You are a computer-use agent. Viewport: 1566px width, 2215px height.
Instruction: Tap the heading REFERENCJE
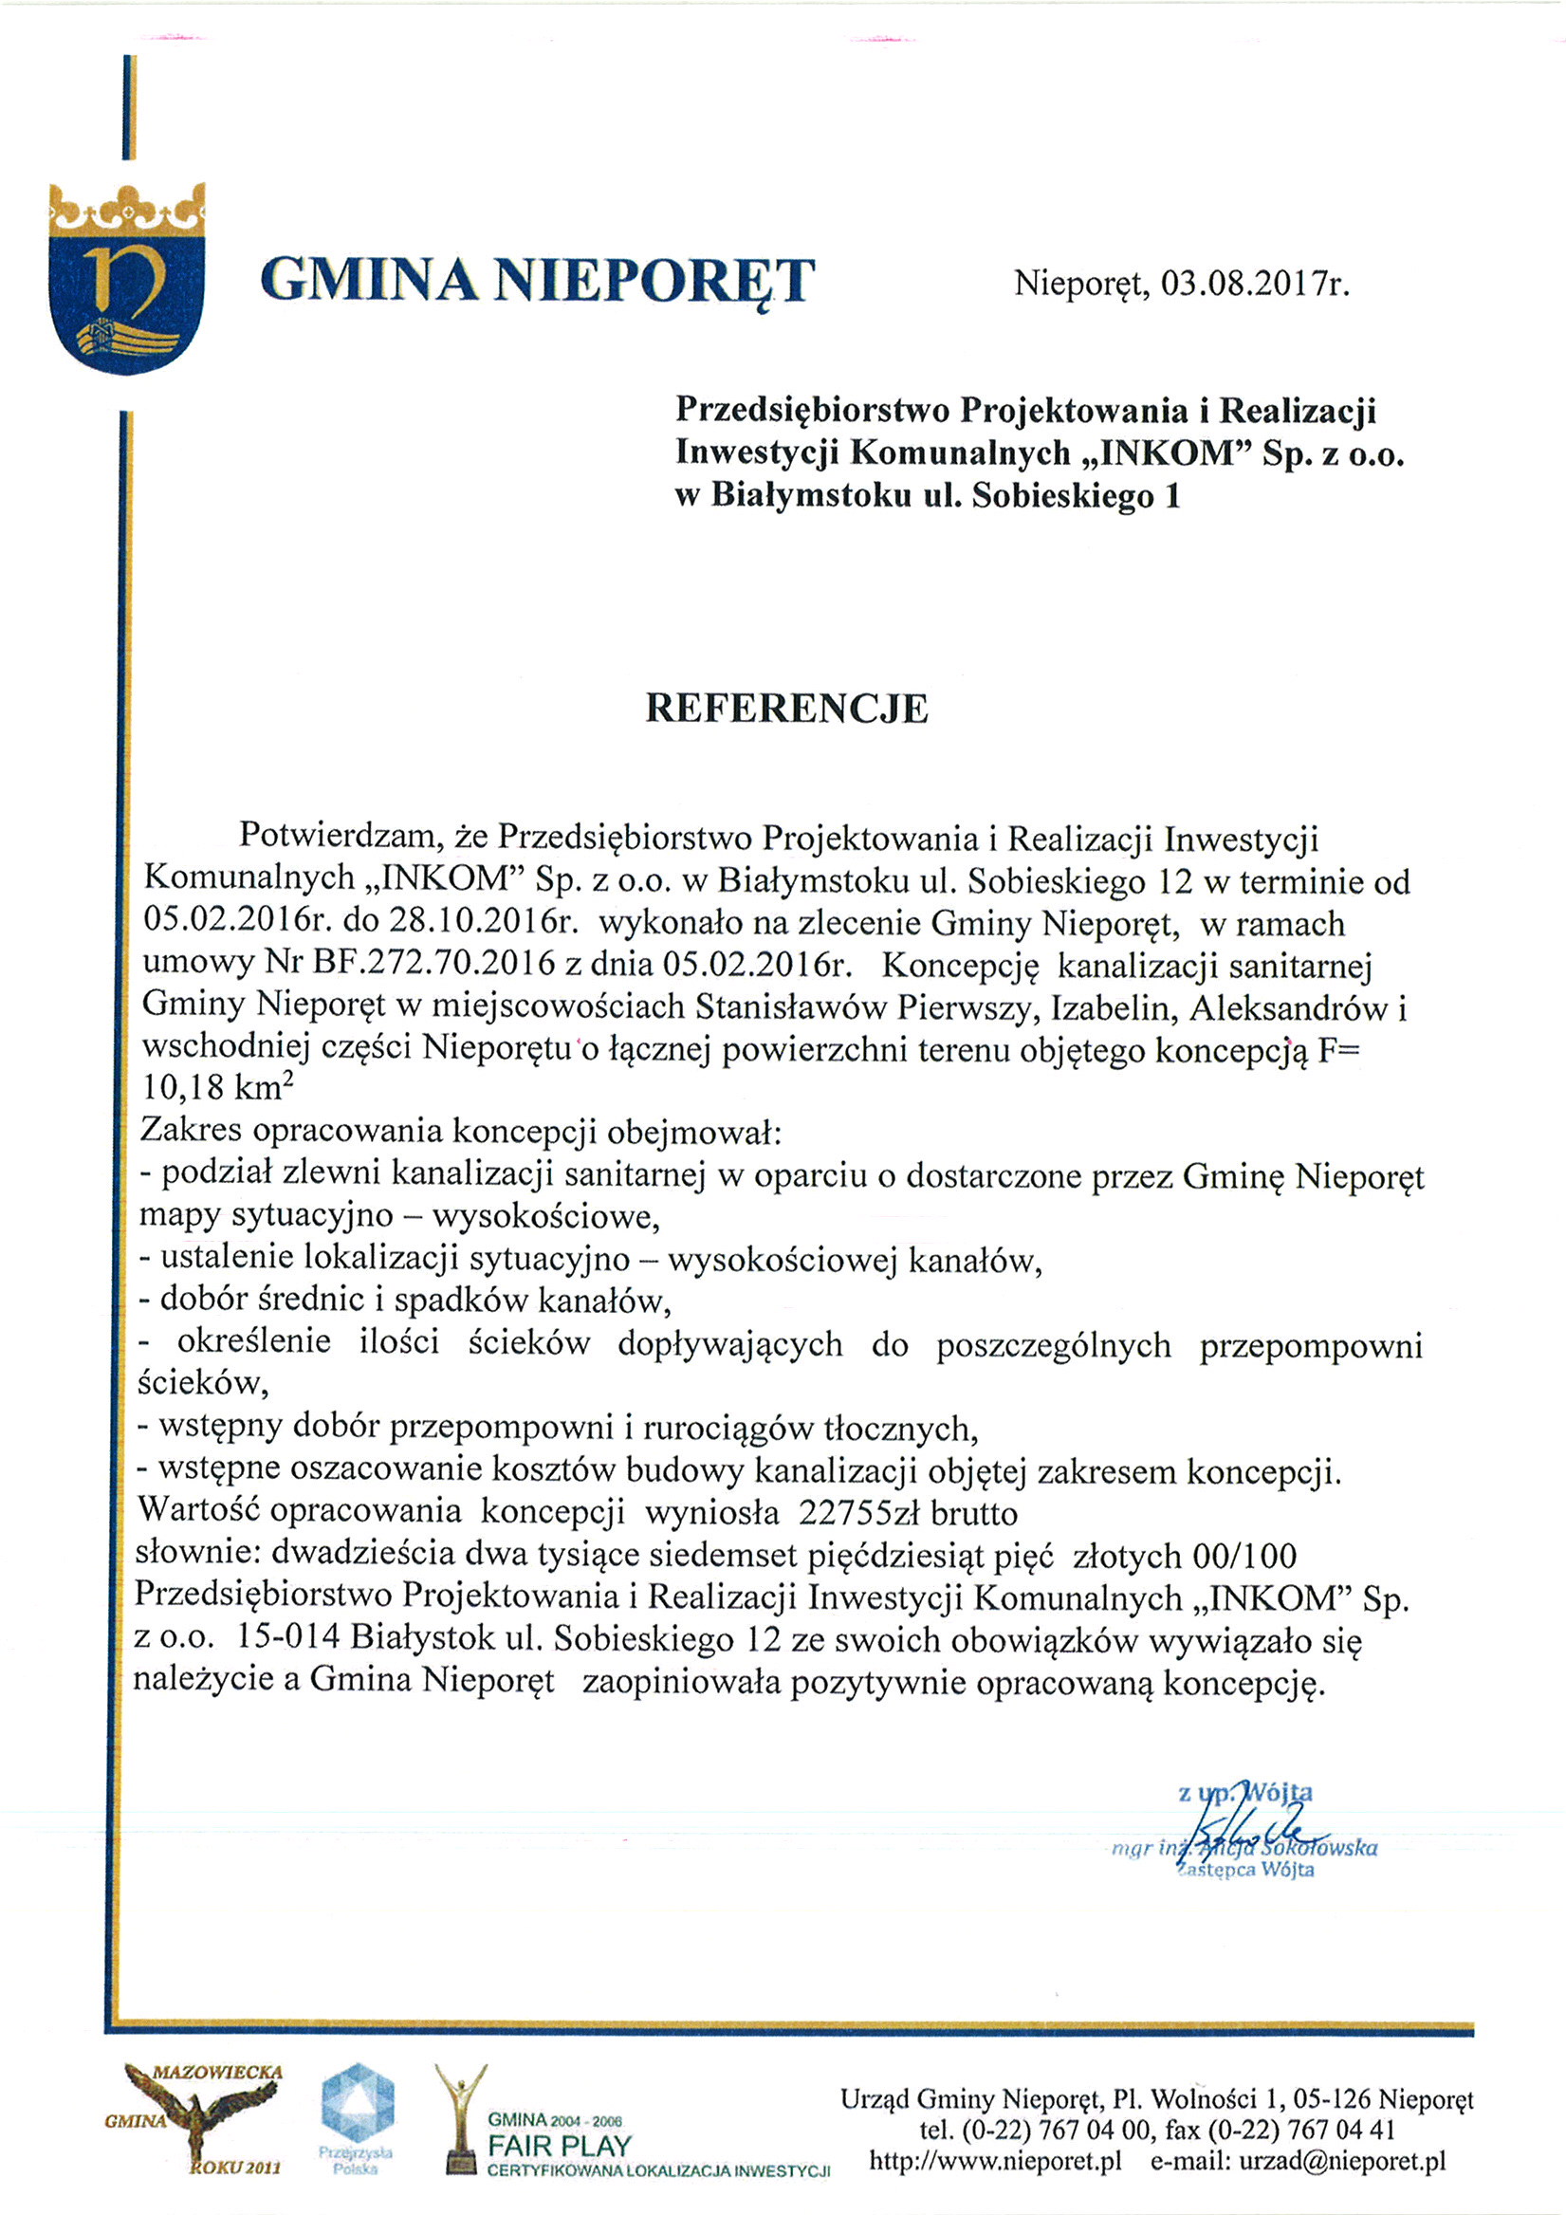coord(786,708)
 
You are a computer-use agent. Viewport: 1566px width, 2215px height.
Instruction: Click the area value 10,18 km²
coord(218,1087)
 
